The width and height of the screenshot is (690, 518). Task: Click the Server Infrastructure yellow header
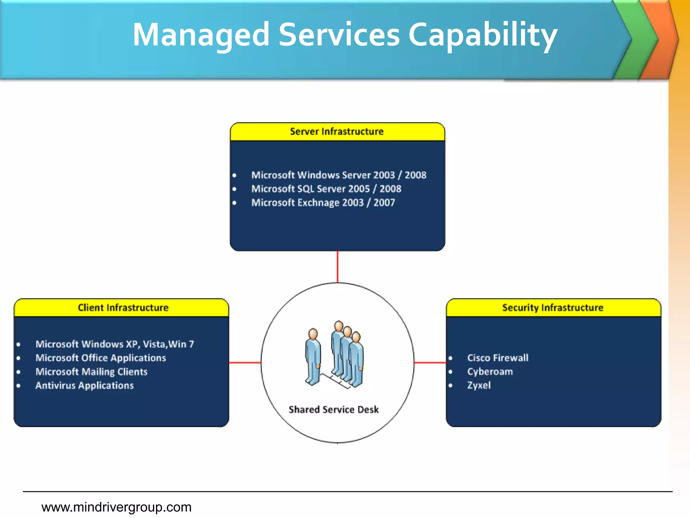pyautogui.click(x=337, y=132)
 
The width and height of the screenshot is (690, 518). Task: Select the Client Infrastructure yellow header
pyautogui.click(x=123, y=308)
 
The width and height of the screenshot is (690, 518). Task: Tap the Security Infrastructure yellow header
pyautogui.click(x=553, y=308)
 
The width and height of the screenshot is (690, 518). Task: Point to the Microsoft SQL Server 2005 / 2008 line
pyautogui.click(x=326, y=189)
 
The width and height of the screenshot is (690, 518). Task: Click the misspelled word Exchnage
pyautogui.click(x=318, y=203)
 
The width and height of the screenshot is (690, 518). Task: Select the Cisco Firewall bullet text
pyautogui.click(x=498, y=358)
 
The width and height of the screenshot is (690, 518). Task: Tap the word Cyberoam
pyautogui.click(x=490, y=372)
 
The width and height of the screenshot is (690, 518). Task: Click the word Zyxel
pyautogui.click(x=479, y=385)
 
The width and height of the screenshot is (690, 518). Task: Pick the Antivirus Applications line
pyautogui.click(x=85, y=385)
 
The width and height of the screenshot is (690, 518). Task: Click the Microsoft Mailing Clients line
pyautogui.click(x=92, y=372)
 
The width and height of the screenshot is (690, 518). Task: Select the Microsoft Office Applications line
pyautogui.click(x=101, y=358)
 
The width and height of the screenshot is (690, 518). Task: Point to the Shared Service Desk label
pyautogui.click(x=334, y=409)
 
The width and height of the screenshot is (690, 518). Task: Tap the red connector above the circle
pyautogui.click(x=337, y=266)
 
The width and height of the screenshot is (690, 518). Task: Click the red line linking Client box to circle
pyautogui.click(x=245, y=363)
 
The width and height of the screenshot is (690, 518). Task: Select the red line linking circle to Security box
pyautogui.click(x=430, y=363)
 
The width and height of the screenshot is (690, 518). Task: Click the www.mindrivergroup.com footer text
pyautogui.click(x=116, y=507)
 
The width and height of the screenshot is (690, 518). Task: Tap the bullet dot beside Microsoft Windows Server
pyautogui.click(x=234, y=175)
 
